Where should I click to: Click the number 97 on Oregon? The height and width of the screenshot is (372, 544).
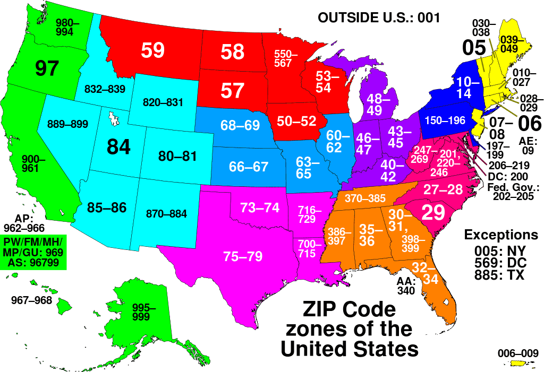(47, 68)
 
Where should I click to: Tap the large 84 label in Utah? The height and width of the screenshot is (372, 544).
(118, 146)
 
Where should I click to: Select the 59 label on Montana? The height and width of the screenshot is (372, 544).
(153, 50)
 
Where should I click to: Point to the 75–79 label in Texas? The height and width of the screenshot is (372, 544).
(243, 256)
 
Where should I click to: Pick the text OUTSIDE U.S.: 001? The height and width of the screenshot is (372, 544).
(378, 18)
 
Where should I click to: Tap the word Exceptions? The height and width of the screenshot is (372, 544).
(501, 235)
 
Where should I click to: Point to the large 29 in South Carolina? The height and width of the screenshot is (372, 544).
(433, 212)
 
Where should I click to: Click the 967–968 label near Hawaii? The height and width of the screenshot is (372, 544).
(32, 300)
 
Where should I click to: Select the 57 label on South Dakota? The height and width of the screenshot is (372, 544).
(232, 91)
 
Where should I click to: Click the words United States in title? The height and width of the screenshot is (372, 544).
(349, 349)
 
